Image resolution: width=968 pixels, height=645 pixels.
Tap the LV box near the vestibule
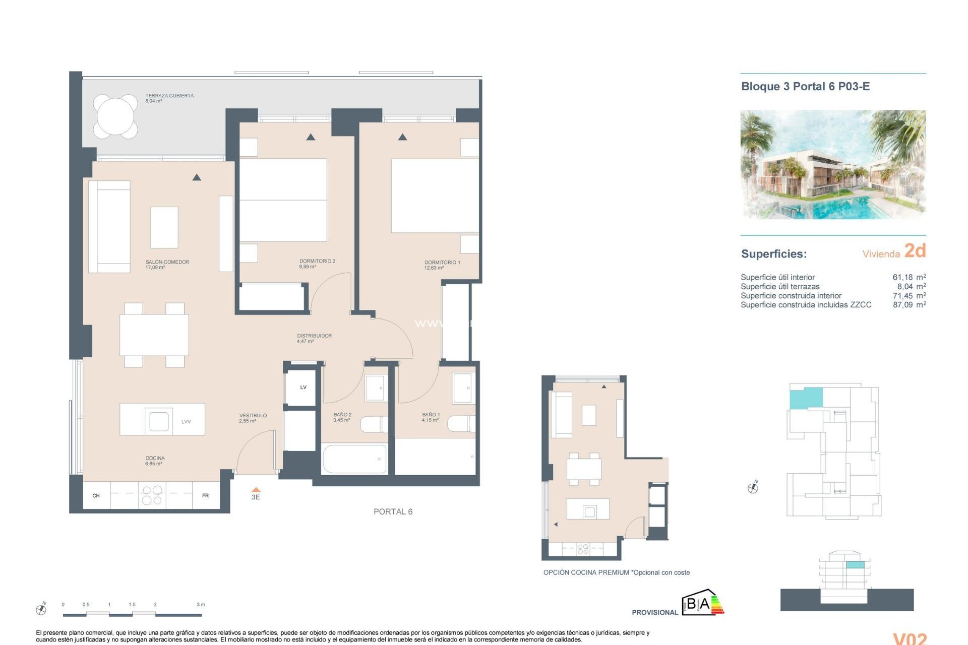coord(303,387)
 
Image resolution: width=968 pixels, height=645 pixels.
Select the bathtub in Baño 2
coord(354,459)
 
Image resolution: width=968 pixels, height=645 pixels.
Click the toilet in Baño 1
coord(461,424)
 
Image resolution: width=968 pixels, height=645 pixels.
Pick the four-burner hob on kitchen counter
coord(152,495)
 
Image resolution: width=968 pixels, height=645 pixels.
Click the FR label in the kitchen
coord(205,496)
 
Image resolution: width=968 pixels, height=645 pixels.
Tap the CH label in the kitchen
coord(96,496)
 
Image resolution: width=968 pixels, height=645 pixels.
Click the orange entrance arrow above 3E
coord(256,489)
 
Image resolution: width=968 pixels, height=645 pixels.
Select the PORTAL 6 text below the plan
coord(393,511)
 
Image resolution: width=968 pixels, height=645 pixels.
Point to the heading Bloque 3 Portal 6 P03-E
coord(805,86)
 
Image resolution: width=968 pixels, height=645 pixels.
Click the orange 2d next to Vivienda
coord(915,250)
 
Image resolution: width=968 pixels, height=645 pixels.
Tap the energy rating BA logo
coord(702,603)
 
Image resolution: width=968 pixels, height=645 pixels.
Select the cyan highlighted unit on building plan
coord(806,398)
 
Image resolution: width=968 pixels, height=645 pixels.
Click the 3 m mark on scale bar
coord(201,604)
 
